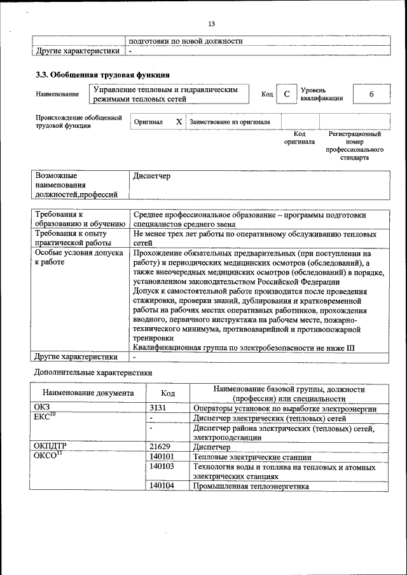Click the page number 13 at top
click(x=212, y=24)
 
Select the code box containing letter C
click(x=287, y=94)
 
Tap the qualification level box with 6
click(x=371, y=94)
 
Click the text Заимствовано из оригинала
click(x=230, y=121)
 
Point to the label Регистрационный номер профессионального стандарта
click(x=354, y=145)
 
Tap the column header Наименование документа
click(x=88, y=393)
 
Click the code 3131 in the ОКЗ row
click(x=158, y=408)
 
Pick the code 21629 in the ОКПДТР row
click(x=160, y=447)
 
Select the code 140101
click(x=162, y=457)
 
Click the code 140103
click(x=162, y=467)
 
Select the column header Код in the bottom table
click(x=168, y=393)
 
